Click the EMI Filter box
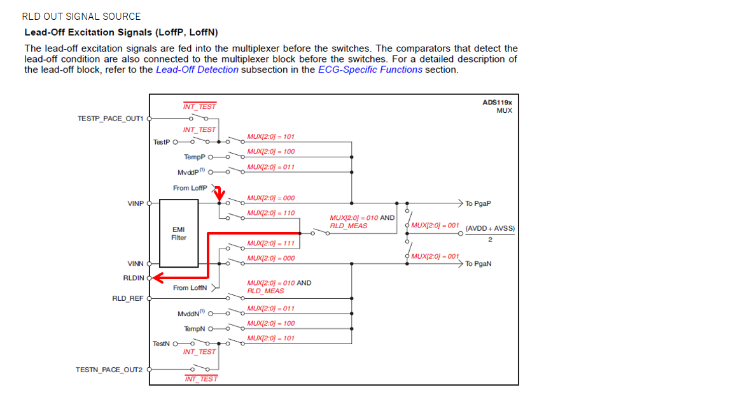pos(179,233)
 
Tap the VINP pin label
pos(135,203)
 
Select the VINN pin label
pos(135,263)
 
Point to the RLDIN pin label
pos(133,278)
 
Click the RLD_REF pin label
pos(127,298)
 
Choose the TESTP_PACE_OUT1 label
pos(110,119)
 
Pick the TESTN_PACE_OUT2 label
pos(109,370)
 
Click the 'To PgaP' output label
pos(478,204)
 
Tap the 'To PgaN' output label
pos(478,264)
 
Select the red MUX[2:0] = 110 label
pos(271,213)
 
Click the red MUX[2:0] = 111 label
pos(271,243)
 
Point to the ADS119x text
pos(497,103)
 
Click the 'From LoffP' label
pos(190,188)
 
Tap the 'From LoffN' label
pos(190,288)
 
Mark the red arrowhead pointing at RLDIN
pos(157,277)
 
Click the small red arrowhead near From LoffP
pos(220,194)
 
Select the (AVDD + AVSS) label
pos(490,228)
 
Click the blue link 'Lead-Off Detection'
pos(197,69)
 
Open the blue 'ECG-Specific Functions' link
pos(370,69)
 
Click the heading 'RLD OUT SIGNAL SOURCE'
pos(81,17)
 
